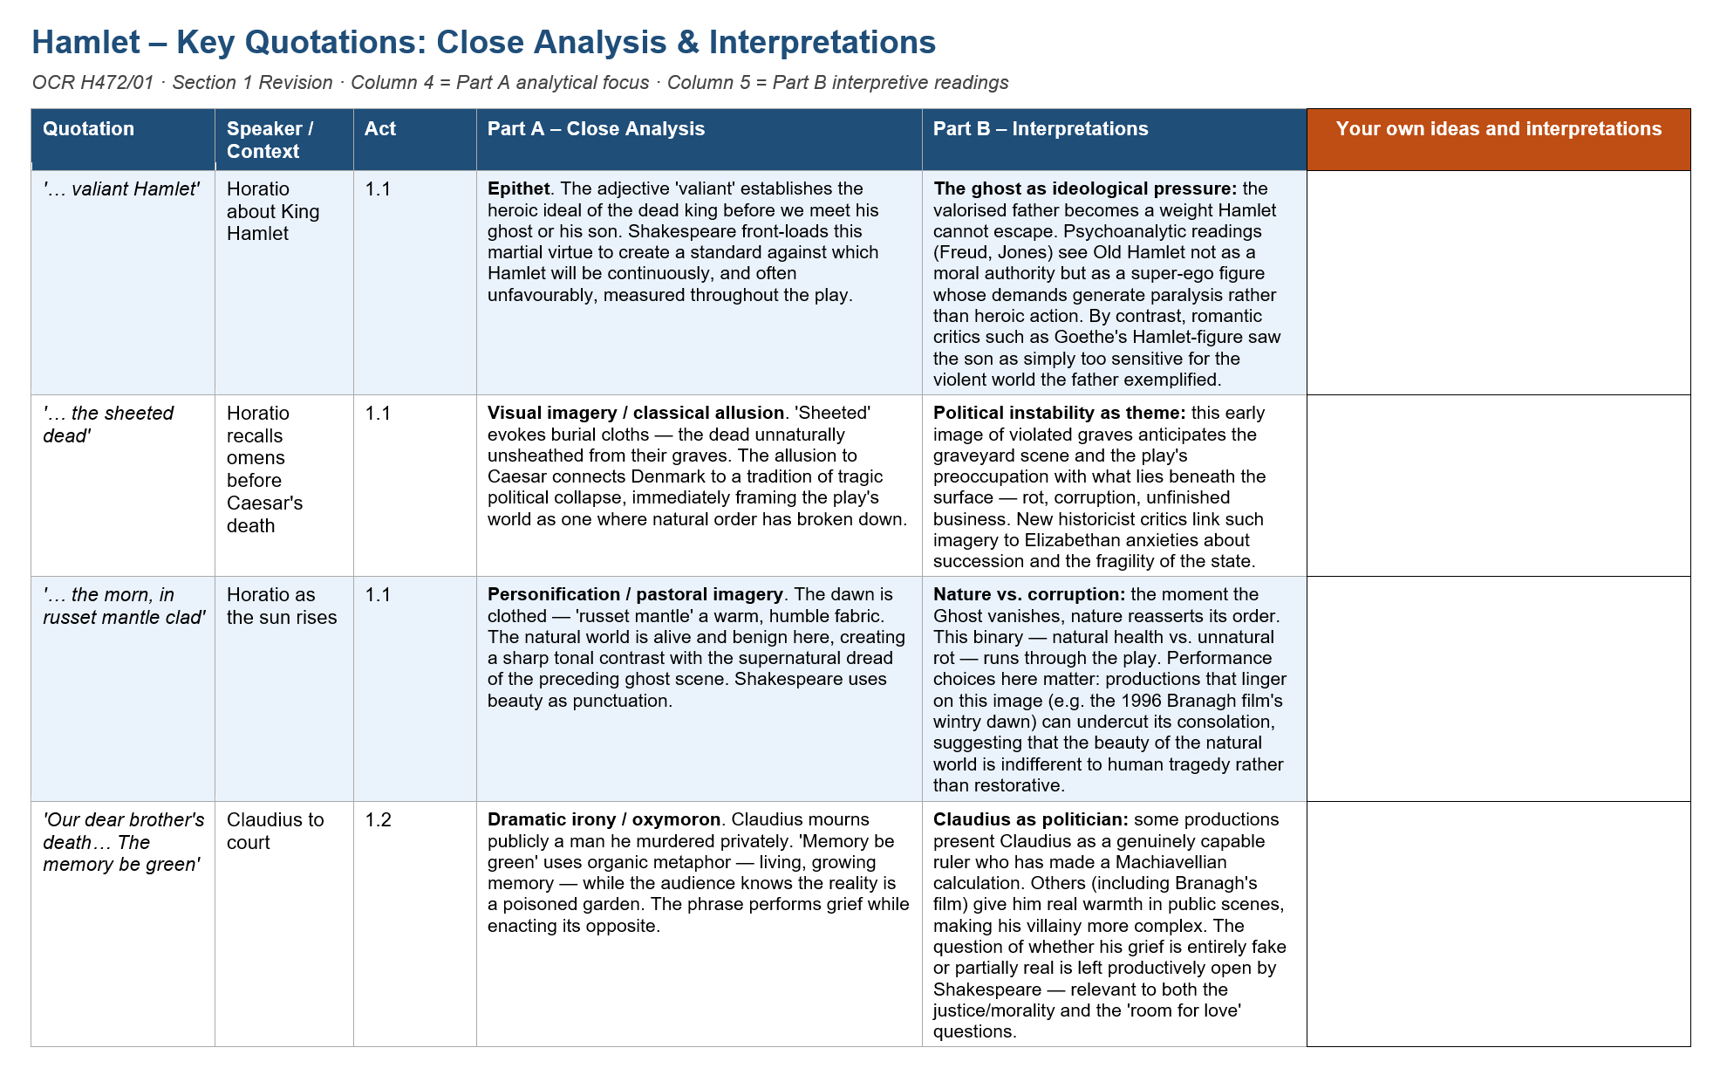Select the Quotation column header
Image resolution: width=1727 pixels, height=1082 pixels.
88,129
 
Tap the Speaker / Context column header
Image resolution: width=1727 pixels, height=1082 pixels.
270,140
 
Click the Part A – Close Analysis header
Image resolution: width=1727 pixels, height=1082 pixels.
596,129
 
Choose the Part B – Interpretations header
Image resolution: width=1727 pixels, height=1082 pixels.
1041,129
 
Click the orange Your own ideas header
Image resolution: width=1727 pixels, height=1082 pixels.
1498,129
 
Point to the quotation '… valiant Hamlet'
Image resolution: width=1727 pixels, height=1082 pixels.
121,189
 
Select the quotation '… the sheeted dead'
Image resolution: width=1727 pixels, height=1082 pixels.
108,425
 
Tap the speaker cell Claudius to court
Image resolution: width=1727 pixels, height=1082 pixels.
275,831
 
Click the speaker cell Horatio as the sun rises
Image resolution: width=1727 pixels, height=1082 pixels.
281,606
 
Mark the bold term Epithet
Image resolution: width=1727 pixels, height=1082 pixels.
518,189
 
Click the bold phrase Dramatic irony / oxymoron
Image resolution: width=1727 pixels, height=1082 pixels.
604,820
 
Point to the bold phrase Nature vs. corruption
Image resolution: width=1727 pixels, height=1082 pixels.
1029,595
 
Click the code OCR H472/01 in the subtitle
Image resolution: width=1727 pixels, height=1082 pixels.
92,83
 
